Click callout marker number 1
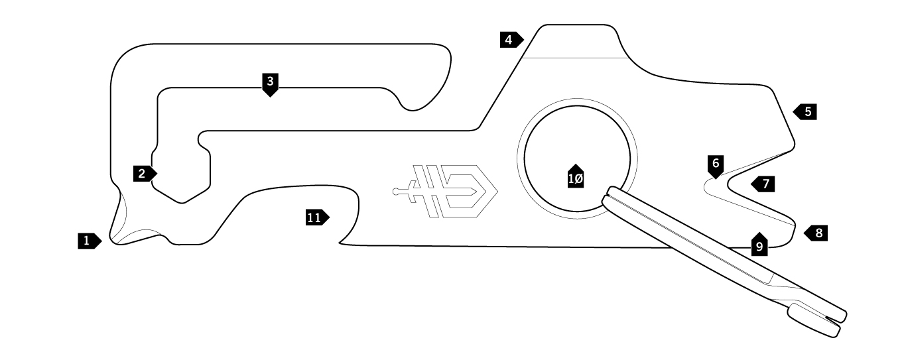(x=90, y=241)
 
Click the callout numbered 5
(x=805, y=111)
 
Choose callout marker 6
(x=716, y=166)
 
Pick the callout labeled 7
(x=763, y=184)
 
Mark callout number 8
(x=816, y=233)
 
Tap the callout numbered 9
(x=759, y=244)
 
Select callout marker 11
(x=317, y=218)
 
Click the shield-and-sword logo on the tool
(x=446, y=192)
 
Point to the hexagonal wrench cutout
(x=181, y=174)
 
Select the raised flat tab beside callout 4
(x=576, y=40)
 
